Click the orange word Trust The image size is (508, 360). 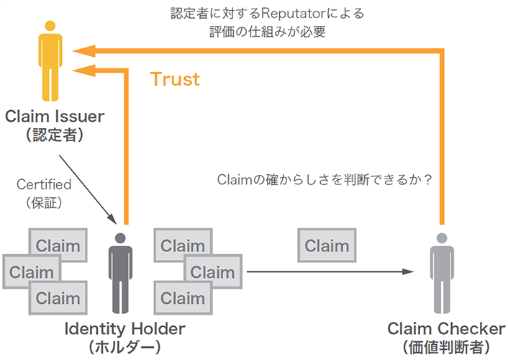(175, 79)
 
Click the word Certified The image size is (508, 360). (44, 185)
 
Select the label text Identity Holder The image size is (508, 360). (124, 329)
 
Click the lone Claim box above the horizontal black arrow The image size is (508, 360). (327, 246)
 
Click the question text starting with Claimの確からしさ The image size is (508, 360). (324, 180)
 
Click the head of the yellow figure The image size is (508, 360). (48, 27)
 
